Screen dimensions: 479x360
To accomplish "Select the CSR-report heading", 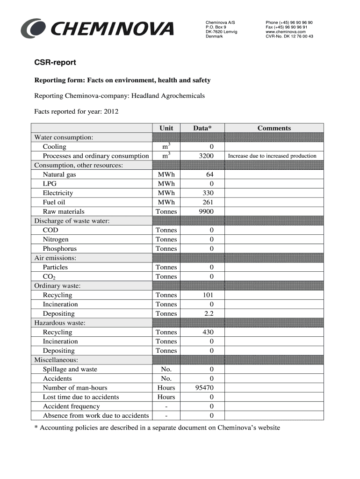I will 55,62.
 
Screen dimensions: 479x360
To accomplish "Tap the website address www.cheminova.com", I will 286,32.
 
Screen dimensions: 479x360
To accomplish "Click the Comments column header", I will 274,128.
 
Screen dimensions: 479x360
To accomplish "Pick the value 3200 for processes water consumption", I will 206,156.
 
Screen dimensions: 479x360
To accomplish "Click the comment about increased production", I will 272,156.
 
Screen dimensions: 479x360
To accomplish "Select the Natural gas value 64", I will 209,174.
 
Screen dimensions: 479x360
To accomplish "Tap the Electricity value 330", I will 208,193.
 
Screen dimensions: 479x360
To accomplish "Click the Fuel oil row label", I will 54,202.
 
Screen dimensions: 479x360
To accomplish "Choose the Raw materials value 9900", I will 206,211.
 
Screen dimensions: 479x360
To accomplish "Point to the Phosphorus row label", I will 59,248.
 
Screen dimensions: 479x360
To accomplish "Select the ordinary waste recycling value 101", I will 208,295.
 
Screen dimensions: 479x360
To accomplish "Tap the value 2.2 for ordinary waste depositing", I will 209,313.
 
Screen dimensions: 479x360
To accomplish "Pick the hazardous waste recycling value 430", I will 208,332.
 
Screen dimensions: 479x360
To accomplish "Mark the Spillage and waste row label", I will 70,369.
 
